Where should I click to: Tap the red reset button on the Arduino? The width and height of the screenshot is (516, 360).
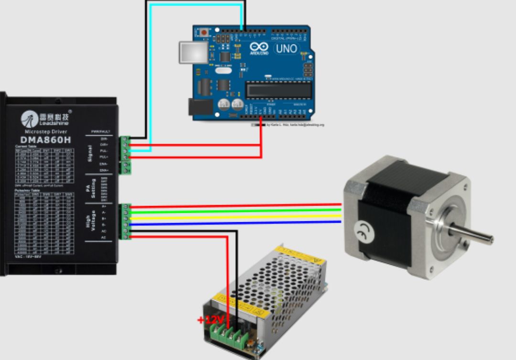[204, 33]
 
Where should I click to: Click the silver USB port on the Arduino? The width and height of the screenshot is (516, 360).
[193, 52]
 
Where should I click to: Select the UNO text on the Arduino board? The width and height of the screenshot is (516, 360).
[286, 48]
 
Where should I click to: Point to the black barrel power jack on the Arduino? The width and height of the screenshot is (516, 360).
[200, 108]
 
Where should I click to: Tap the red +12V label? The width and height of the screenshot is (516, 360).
[211, 319]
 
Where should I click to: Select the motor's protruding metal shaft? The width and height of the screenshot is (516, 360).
[473, 234]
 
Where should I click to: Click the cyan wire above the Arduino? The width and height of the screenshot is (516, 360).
[196, 4]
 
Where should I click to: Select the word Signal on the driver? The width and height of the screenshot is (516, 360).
[90, 153]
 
